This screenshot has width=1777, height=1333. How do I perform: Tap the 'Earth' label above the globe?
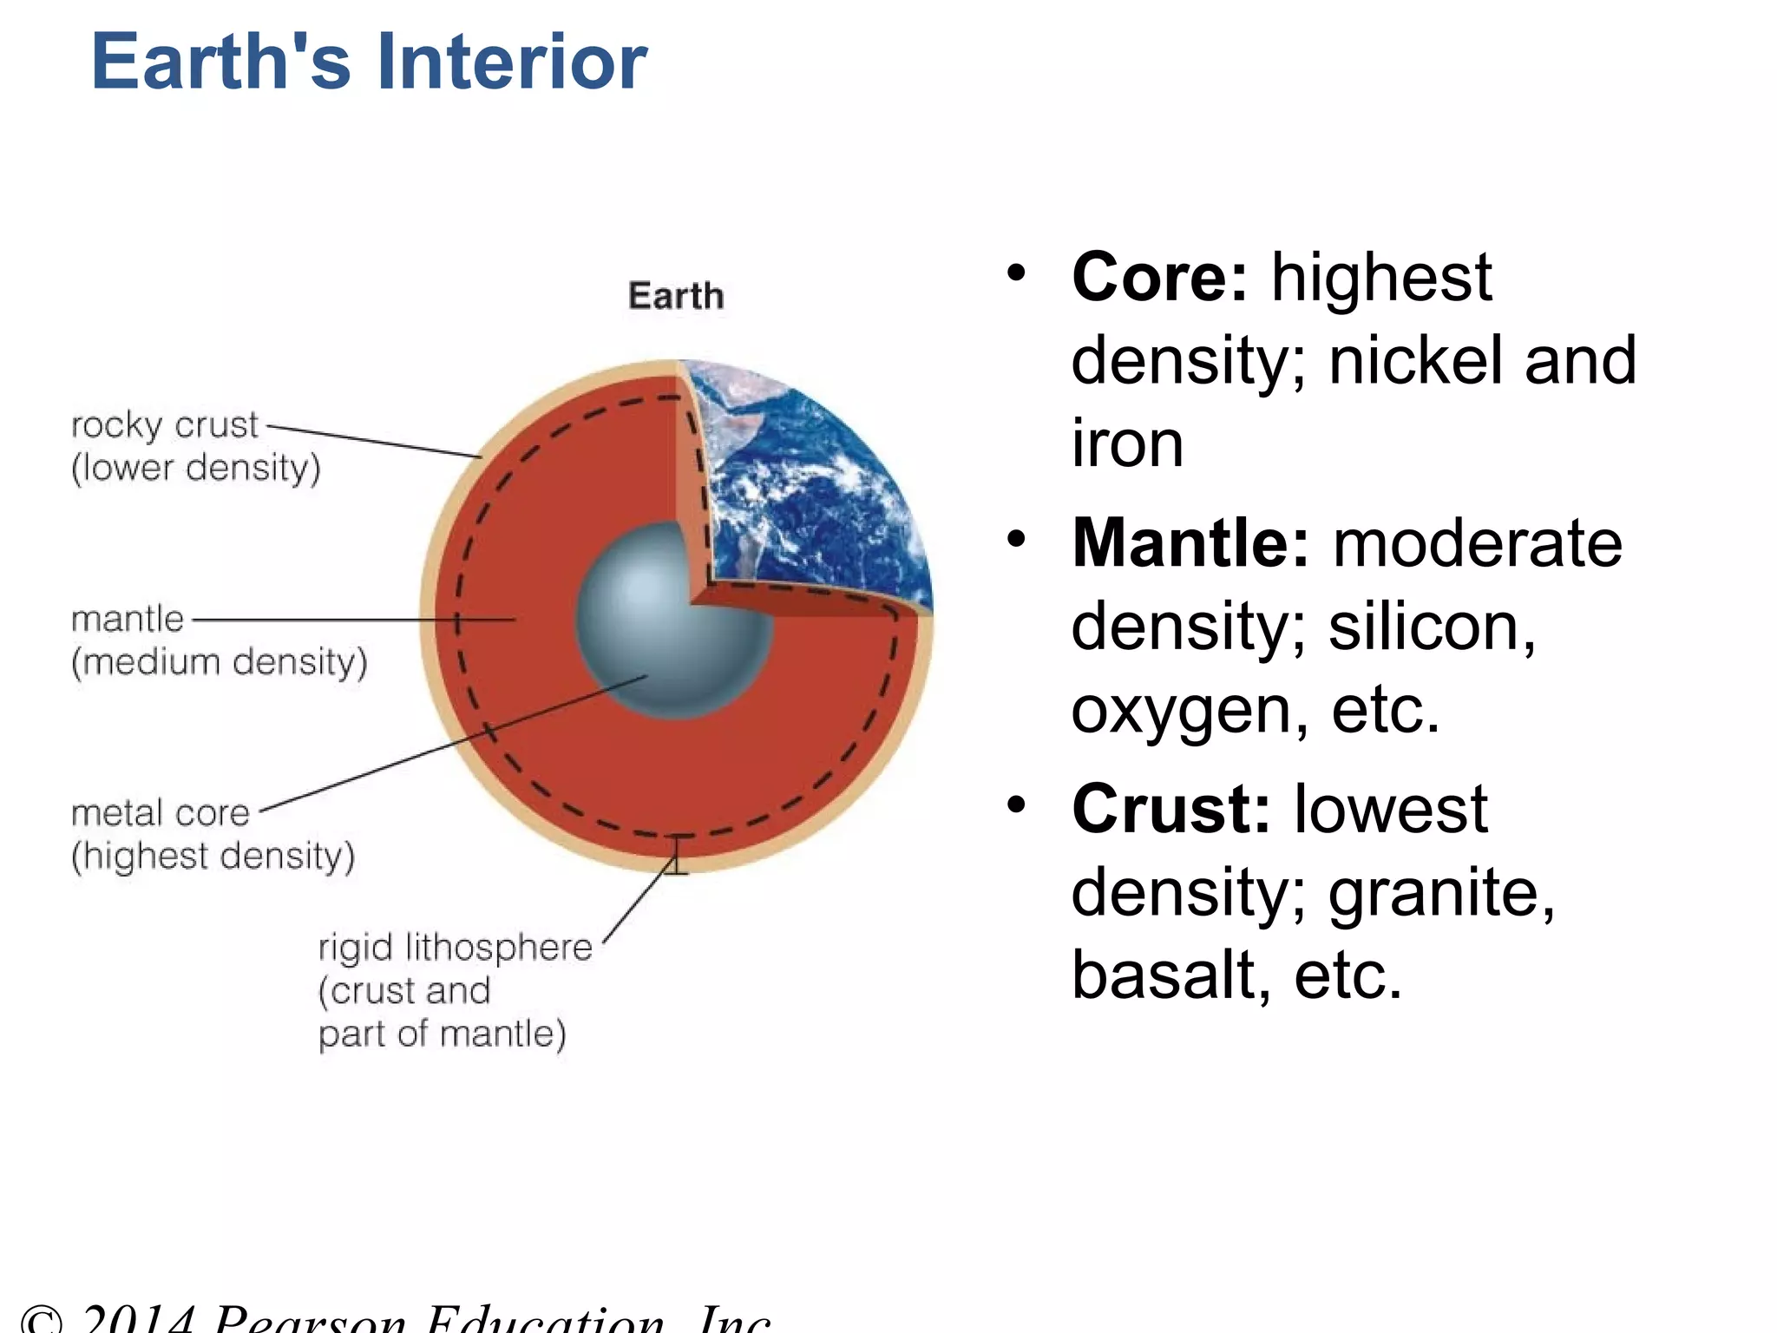[676, 296]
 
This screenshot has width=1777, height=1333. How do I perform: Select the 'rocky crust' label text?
[165, 425]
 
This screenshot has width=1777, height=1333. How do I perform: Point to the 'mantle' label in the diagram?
[128, 620]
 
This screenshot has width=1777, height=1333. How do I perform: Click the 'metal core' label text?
[161, 813]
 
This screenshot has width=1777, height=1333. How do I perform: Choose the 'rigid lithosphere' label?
[456, 947]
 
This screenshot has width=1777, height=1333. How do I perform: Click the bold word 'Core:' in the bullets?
[1159, 278]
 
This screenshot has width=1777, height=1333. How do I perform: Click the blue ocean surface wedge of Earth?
[833, 512]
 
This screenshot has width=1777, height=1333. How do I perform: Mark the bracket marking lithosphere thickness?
[678, 855]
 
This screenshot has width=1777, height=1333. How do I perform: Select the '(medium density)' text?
[220, 662]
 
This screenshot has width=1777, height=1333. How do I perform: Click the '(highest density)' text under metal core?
[213, 857]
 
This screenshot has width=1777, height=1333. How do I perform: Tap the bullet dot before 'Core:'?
[1016, 275]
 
